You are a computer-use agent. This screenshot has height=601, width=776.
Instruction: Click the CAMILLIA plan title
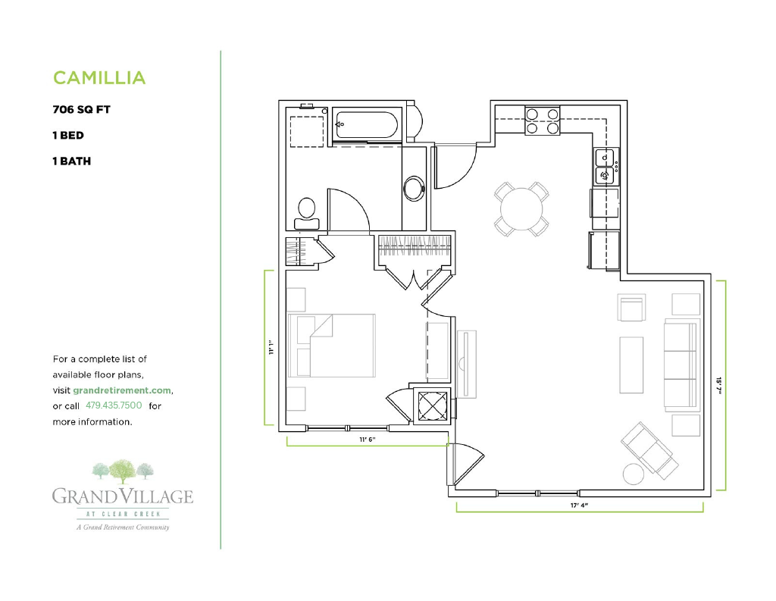click(x=99, y=78)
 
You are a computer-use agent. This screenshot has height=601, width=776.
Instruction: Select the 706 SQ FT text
click(x=81, y=109)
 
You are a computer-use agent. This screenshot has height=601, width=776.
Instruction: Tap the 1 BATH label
click(x=72, y=161)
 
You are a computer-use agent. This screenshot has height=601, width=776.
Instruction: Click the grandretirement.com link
click(x=122, y=390)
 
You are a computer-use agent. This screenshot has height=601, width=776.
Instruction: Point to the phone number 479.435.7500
click(x=114, y=405)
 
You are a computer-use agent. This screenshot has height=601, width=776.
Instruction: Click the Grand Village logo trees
click(x=123, y=471)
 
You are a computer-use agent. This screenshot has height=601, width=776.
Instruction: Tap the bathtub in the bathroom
click(x=366, y=125)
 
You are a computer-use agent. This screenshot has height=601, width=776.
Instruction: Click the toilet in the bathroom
click(x=307, y=214)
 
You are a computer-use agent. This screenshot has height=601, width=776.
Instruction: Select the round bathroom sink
click(x=415, y=188)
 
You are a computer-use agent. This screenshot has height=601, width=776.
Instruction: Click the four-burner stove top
click(x=543, y=121)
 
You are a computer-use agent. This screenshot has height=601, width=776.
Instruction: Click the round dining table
click(x=521, y=208)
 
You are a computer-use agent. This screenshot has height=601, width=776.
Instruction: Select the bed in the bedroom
click(x=336, y=346)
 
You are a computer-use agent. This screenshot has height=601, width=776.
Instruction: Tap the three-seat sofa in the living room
click(x=682, y=365)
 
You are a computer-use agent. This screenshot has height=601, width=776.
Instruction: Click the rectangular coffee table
click(x=631, y=365)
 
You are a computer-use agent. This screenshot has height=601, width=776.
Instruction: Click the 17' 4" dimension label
click(x=579, y=506)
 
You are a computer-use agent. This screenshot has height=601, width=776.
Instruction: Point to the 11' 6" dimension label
click(x=368, y=439)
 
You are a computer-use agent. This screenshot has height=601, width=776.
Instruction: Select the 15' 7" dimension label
click(x=718, y=386)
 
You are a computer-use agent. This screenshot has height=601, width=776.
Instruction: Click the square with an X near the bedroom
click(x=433, y=406)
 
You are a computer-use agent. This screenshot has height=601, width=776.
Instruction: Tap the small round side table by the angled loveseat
click(x=634, y=474)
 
